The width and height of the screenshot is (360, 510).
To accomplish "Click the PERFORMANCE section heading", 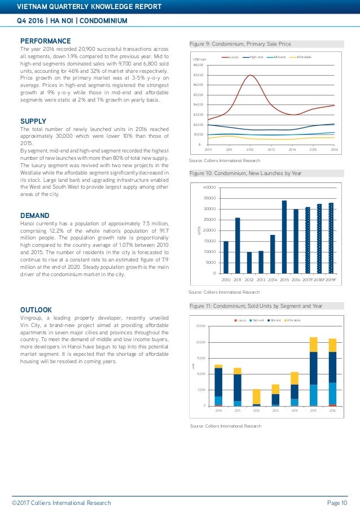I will [46, 41].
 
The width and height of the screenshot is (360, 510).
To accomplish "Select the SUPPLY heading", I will [33, 121].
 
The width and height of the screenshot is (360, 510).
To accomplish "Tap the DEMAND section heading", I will [35, 215].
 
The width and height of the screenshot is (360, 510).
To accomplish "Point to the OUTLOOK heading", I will [36, 310].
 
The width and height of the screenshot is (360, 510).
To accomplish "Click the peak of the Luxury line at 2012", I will [251, 76].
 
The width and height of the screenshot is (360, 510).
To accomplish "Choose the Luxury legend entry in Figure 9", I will [234, 58].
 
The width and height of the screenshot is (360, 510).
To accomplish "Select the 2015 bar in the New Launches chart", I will [284, 237].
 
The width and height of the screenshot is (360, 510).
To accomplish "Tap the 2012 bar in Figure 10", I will [249, 263].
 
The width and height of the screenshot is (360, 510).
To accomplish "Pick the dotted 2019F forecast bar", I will [331, 238].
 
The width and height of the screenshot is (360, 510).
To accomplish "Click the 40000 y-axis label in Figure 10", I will [209, 187].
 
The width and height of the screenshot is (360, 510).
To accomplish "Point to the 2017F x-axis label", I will [308, 279].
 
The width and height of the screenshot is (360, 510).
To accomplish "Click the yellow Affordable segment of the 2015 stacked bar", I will [313, 345].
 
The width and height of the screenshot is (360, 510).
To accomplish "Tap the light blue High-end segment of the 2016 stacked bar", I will [332, 394].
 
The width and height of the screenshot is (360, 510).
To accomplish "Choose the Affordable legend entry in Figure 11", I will [293, 320].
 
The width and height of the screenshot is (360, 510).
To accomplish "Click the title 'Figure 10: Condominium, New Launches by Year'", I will [245, 173].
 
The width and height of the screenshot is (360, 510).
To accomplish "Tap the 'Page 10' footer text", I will [336, 503].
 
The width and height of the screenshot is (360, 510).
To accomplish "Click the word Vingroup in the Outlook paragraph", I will [33, 319].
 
